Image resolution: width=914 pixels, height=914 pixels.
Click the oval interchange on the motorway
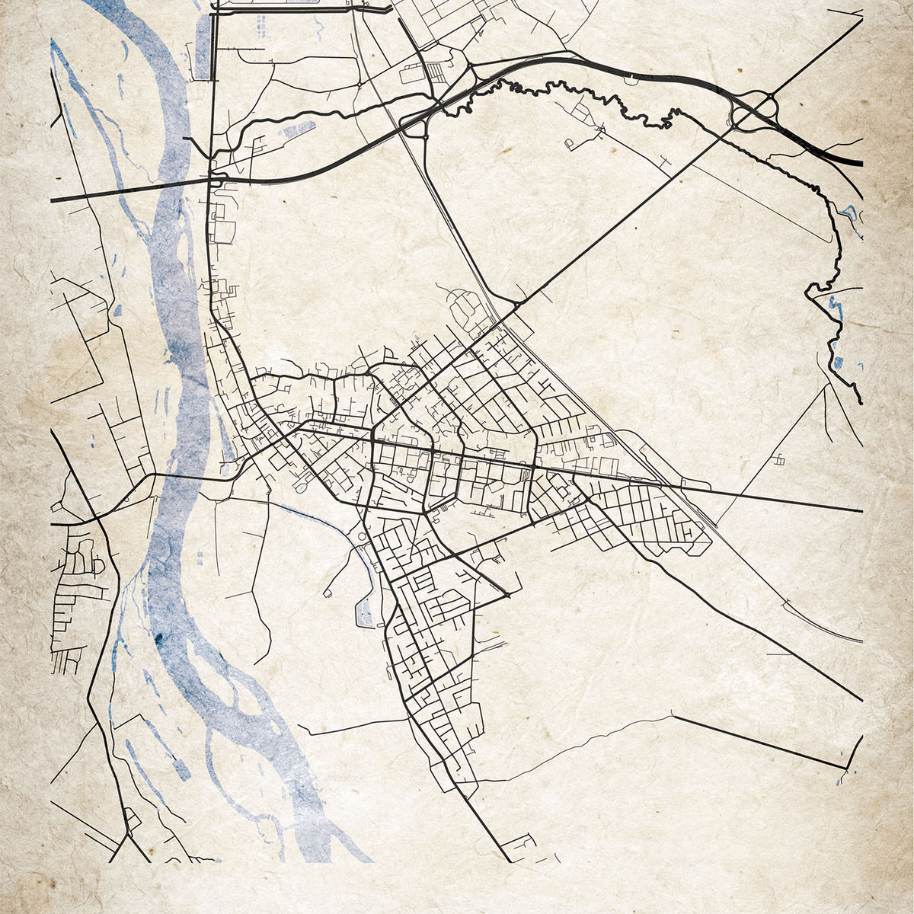pyautogui.click(x=754, y=110)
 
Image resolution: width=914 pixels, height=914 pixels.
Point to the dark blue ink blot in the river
pyautogui.click(x=160, y=638)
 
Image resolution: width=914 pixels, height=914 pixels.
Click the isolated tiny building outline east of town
pyautogui.click(x=778, y=459)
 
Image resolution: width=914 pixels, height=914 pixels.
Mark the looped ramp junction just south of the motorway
pyautogui.click(x=413, y=126)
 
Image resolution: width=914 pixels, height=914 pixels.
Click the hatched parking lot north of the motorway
pyautogui.click(x=436, y=72)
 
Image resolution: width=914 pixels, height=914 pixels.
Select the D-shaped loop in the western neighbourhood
pyautogui.click(x=97, y=564)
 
